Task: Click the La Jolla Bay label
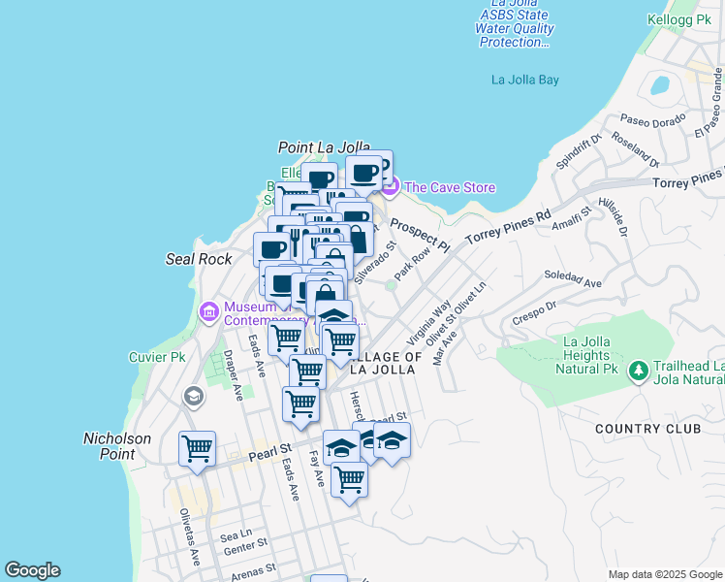525,80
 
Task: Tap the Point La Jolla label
325,147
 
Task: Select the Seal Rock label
199,259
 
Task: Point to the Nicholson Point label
117,446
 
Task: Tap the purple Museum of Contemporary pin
207,311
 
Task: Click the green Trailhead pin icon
638,372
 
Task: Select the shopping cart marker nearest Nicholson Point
198,448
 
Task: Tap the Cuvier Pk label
157,357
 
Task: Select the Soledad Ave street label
573,279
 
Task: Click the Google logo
32,570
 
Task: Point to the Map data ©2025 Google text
664,574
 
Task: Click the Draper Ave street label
232,374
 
